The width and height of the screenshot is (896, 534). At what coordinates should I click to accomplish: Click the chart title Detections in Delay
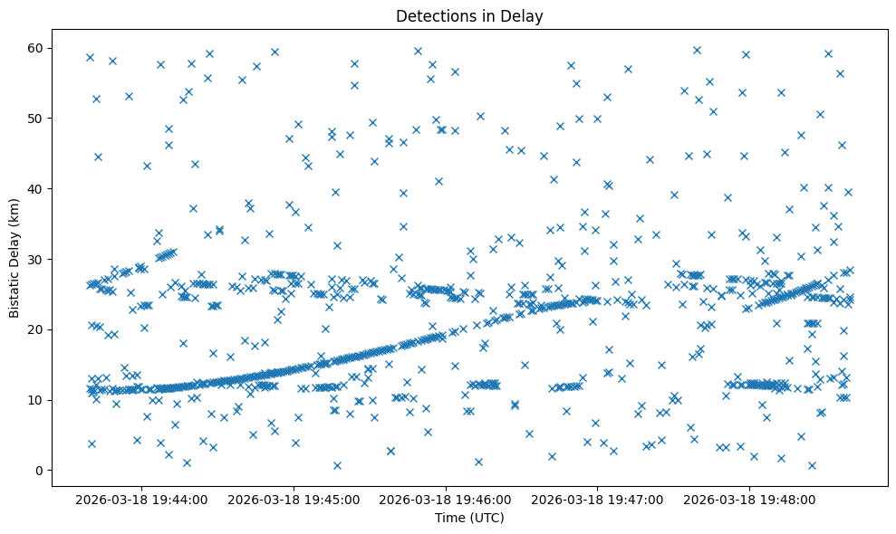click(469, 15)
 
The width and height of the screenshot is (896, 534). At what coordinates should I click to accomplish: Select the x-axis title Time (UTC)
click(469, 518)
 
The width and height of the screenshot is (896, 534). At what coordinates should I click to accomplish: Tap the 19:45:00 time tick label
click(294, 499)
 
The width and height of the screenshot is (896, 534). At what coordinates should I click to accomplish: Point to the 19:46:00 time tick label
click(446, 499)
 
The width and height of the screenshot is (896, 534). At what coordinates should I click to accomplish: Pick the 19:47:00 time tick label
click(598, 499)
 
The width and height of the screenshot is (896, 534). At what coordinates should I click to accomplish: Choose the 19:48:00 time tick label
click(750, 499)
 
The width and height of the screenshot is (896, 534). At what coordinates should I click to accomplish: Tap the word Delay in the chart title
click(525, 15)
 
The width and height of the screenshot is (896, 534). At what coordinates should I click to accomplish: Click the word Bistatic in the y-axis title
click(14, 289)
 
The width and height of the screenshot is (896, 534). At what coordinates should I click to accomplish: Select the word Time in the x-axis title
click(449, 518)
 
